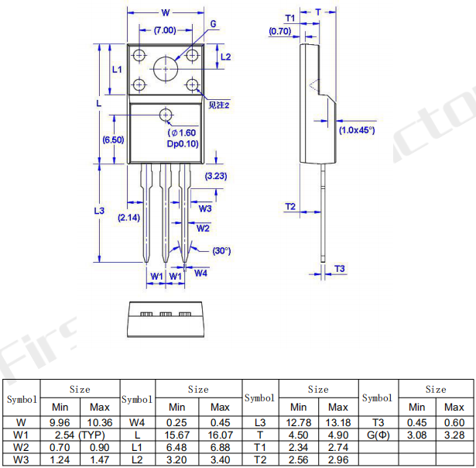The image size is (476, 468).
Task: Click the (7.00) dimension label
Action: click(x=165, y=30)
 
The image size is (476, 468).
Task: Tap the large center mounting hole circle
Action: click(x=166, y=57)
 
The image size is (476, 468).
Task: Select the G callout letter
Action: click(x=213, y=24)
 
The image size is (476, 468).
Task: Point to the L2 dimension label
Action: click(x=225, y=57)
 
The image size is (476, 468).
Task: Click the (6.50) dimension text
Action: click(x=113, y=139)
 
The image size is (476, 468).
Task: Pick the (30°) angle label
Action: click(x=221, y=251)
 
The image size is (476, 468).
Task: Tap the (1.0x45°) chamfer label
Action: click(x=357, y=130)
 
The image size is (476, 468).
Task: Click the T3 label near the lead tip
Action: click(x=340, y=269)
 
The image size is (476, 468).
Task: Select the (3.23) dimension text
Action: click(x=216, y=176)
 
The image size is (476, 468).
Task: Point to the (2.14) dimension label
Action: click(x=129, y=217)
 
